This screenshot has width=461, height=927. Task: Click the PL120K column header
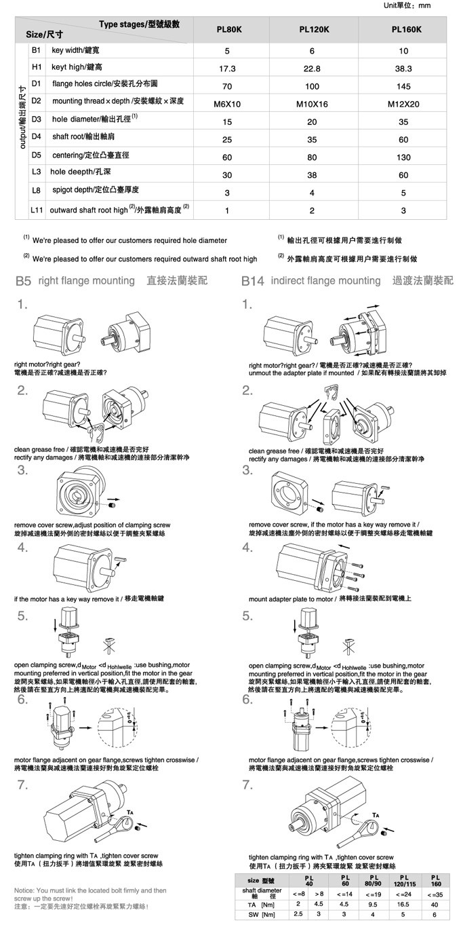coord(315,30)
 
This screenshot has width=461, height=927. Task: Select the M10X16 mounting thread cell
coord(312,104)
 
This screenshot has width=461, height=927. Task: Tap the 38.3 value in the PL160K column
coord(403,69)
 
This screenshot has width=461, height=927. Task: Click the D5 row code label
coord(37,155)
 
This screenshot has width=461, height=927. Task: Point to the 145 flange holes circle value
coord(403,87)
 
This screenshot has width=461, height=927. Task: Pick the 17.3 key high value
coord(227,69)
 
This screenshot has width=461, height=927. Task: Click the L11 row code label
coord(37,210)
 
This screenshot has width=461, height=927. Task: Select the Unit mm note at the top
coord(407,5)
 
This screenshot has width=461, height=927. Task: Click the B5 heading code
coord(23,281)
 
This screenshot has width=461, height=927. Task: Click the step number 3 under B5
coord(22,470)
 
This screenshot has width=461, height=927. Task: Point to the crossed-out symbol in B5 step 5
coord(105,643)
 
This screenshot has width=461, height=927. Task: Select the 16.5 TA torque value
coord(403,904)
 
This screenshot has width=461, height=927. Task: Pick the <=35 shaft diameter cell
coord(435,893)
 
